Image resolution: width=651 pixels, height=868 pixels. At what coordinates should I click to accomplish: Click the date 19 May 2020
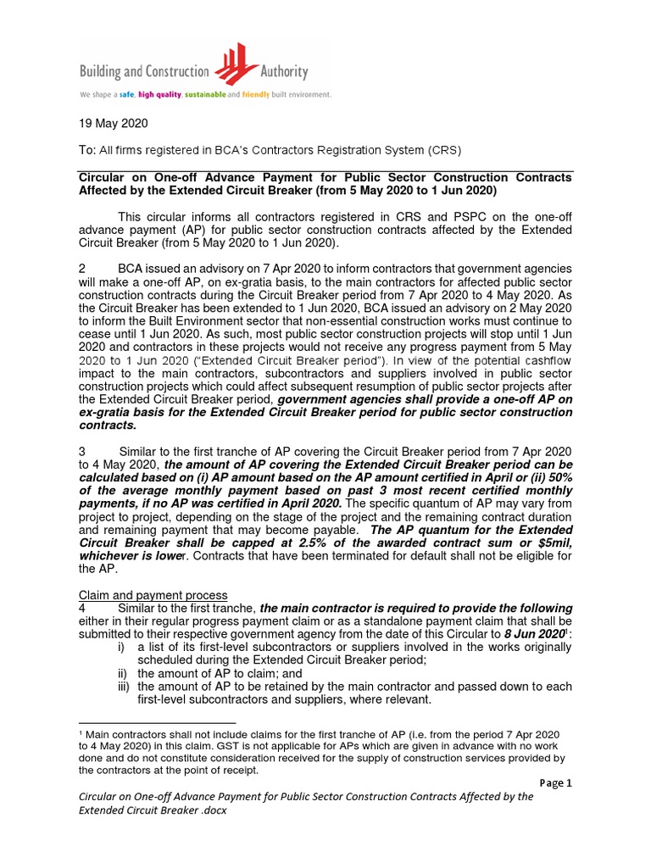114,124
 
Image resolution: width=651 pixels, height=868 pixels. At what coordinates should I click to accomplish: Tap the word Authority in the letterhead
282,72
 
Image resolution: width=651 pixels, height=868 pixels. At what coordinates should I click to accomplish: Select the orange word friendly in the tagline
255,95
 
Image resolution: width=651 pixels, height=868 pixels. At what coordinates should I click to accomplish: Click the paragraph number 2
82,269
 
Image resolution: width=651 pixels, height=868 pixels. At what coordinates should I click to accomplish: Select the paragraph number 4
82,609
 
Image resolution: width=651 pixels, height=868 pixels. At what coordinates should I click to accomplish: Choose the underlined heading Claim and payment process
153,595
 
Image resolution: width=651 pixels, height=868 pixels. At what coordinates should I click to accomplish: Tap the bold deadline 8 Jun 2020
533,634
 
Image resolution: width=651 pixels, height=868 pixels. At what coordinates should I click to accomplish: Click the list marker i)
123,648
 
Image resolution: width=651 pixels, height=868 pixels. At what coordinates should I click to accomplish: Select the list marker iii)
125,687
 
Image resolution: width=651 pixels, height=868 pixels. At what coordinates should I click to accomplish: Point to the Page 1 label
555,783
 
